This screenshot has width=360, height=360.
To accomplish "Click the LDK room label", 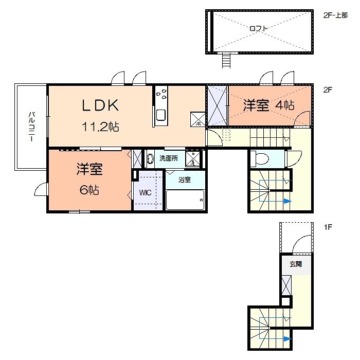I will [x=101, y=105].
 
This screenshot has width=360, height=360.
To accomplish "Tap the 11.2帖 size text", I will [x=101, y=127].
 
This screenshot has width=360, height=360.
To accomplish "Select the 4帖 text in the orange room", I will [x=284, y=105].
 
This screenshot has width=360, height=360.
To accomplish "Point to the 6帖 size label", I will [x=89, y=190].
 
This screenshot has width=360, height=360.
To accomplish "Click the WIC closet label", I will [x=144, y=194].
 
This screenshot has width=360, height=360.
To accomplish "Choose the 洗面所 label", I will [x=168, y=158].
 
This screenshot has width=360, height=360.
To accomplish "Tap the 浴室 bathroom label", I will [x=185, y=180].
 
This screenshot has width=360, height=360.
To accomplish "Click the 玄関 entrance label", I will [x=295, y=264].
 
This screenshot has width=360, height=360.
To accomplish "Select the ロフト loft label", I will [x=259, y=29].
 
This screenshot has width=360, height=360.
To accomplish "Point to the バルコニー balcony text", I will [x=31, y=127].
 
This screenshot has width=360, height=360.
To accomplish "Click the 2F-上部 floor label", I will [x=335, y=15].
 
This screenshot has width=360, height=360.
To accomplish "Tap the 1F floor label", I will [x=327, y=226].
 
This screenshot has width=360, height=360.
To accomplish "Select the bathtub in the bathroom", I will [x=185, y=200].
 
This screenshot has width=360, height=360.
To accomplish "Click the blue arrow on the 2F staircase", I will [x=287, y=201].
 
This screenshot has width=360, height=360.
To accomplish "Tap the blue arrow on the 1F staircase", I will [x=286, y=338].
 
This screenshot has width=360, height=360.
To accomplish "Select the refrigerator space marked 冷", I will [x=198, y=119].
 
